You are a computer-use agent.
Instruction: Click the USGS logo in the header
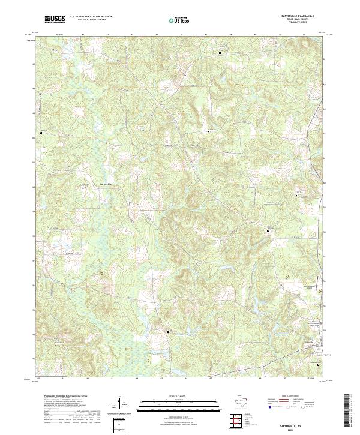tap(55, 19)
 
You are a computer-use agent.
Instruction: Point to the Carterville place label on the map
tap(105, 183)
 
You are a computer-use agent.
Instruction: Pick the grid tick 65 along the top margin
tap(157, 35)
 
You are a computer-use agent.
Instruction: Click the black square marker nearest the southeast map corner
tap(318, 364)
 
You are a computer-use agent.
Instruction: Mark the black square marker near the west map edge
tap(41, 132)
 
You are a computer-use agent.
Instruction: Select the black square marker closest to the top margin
tap(220, 53)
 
